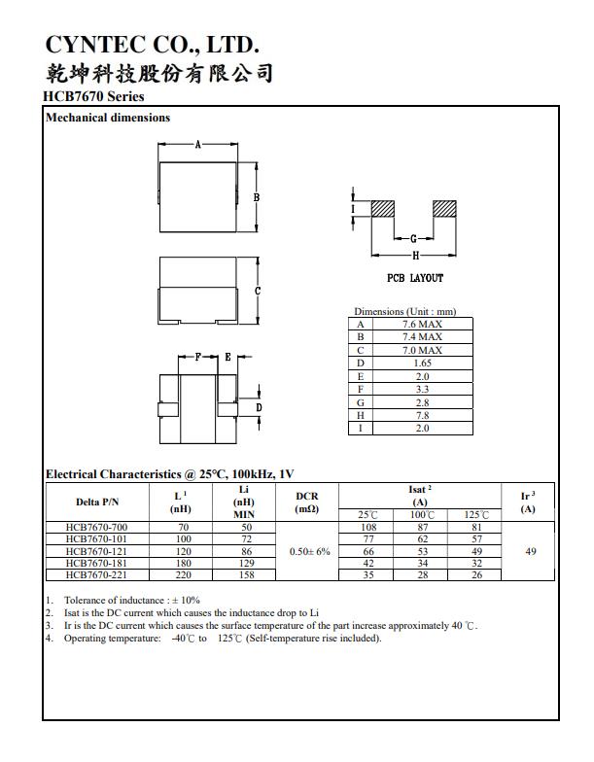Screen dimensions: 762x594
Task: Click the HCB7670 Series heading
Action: tap(93, 96)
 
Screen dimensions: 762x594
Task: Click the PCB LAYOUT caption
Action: tap(414, 278)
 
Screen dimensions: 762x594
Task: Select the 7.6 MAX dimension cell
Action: tap(422, 324)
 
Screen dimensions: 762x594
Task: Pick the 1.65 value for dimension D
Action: tap(422, 363)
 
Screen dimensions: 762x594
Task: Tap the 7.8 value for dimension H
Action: tap(422, 415)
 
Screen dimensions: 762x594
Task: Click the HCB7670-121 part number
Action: tap(96, 551)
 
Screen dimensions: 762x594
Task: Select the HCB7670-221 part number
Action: tap(96, 574)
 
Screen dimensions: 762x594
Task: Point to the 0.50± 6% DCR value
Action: tap(310, 551)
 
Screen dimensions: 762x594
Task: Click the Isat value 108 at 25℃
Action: tap(368, 528)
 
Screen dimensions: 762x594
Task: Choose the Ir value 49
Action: tap(530, 551)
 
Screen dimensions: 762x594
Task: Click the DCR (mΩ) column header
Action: tap(307, 502)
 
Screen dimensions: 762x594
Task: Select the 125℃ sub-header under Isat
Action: tap(476, 515)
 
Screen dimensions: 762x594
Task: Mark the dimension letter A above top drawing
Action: tap(197, 145)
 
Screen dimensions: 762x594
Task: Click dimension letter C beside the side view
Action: tap(257, 292)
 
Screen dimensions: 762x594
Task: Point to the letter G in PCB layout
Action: tap(414, 239)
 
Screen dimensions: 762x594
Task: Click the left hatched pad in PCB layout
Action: tap(382, 209)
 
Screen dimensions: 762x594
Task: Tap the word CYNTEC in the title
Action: tap(83, 45)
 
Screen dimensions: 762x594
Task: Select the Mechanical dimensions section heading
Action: tap(108, 118)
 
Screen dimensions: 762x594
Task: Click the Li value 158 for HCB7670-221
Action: tap(246, 574)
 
